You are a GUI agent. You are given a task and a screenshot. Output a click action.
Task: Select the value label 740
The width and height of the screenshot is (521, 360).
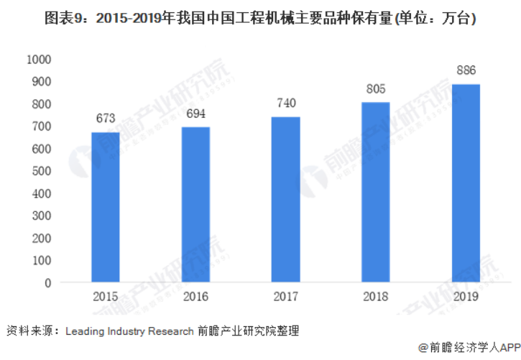(x=285, y=103)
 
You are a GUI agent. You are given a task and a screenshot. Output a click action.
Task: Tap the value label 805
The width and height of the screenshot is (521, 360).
(x=375, y=89)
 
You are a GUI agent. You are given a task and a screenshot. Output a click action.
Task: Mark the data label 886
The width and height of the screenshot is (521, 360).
(x=466, y=70)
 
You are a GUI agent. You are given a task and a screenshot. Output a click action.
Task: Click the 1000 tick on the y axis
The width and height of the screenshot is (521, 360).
(x=40, y=60)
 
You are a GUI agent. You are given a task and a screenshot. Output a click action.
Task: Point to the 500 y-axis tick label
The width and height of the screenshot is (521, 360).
(x=42, y=171)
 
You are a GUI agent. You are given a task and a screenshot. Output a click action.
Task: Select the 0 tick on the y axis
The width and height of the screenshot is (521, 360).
(x=49, y=282)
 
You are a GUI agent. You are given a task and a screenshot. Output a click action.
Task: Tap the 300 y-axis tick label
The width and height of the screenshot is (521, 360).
(x=42, y=216)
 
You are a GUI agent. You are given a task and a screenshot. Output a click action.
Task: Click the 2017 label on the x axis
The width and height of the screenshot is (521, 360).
(x=285, y=296)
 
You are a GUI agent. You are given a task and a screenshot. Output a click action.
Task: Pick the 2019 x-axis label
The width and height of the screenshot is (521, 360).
(x=466, y=296)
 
